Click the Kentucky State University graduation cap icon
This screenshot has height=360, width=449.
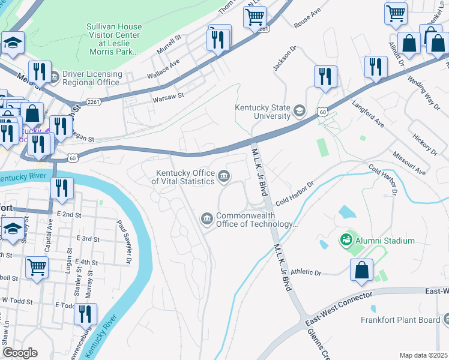pos(299,110)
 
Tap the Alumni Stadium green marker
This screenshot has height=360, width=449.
pos(346,241)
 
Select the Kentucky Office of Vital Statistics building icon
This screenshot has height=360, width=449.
pos(223,176)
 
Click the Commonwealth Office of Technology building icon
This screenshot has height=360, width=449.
pos(206,219)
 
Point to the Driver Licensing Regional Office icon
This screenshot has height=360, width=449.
pos(54,77)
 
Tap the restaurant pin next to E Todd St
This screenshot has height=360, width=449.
pos(85,313)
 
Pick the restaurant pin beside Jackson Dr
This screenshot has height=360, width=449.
pos(325,76)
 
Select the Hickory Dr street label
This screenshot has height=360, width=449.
pos(421,144)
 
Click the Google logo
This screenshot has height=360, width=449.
pos(20,352)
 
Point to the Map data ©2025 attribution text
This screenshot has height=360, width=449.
pos(423,355)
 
